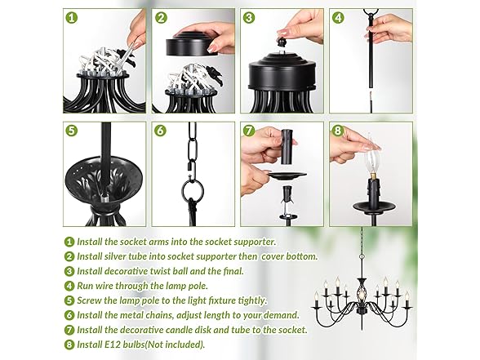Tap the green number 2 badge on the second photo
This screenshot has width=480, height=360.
pyautogui.click(x=161, y=17)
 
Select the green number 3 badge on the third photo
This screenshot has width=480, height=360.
pyautogui.click(x=250, y=17)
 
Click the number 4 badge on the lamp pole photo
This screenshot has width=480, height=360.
pyautogui.click(x=338, y=17)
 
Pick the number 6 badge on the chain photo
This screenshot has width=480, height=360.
pyautogui.click(x=161, y=131)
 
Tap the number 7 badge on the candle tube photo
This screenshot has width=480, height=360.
pyautogui.click(x=250, y=131)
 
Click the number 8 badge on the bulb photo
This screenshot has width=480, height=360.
pyautogui.click(x=338, y=131)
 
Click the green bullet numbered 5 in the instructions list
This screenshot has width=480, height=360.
pyautogui.click(x=69, y=300)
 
